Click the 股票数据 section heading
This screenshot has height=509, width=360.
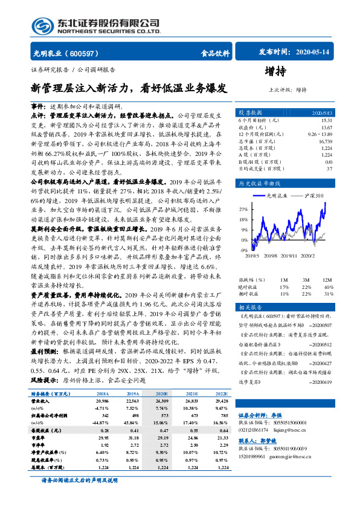pos(249,113)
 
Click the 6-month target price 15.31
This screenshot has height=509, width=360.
pos(326,120)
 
